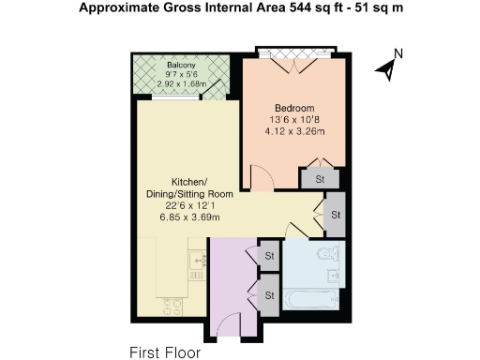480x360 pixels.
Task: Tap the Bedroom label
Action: point(294,108)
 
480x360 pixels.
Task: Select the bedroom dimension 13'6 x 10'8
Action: point(294,121)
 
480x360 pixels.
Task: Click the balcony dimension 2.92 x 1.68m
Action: point(181,83)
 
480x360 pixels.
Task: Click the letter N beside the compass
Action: point(397,53)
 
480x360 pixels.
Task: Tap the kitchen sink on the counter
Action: point(196,262)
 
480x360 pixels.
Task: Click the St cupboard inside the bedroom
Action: point(319,179)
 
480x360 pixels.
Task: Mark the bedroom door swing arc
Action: point(262,175)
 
